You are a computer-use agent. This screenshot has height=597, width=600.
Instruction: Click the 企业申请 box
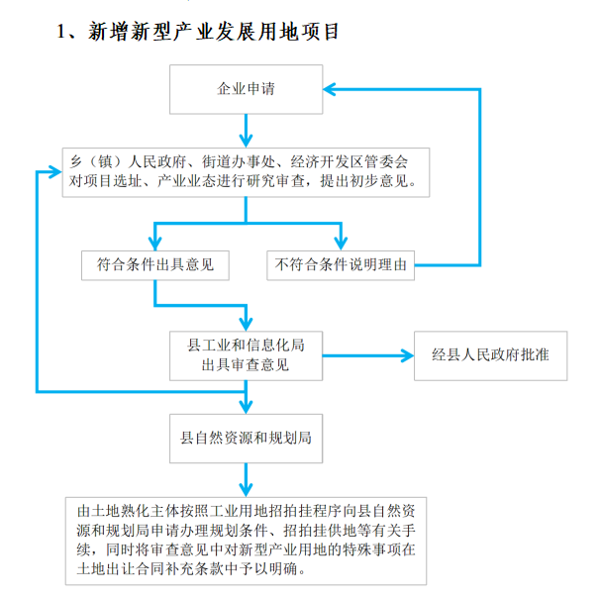pyautogui.click(x=246, y=89)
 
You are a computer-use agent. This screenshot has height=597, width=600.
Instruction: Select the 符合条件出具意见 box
pyautogui.click(x=155, y=265)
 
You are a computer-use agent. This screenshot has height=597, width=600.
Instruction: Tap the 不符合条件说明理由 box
pyautogui.click(x=343, y=265)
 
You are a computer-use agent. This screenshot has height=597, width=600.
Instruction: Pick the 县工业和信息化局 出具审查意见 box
pyautogui.click(x=246, y=354)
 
